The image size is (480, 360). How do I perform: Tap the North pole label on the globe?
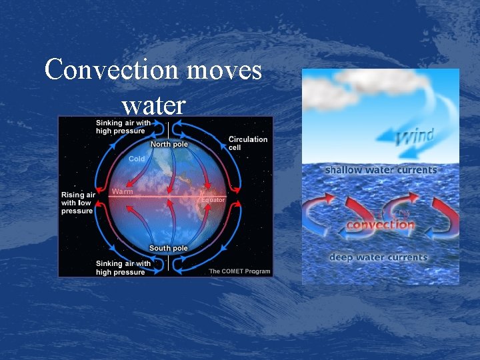pos(169,144)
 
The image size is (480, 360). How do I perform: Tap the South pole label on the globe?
pos(168,248)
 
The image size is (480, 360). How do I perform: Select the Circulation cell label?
pos(248,143)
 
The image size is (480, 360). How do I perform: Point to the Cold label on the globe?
pos(137,159)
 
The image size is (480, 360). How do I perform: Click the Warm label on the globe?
pos(122,191)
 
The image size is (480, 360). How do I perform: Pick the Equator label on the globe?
pos(213,199)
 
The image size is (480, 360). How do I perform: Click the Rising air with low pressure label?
pos(77,203)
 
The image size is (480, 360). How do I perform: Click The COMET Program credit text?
pos(239,271)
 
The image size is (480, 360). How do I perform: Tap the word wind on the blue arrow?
pos(415,137)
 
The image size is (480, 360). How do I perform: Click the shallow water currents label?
pos(381,170)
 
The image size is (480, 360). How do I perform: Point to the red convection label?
pos(380,225)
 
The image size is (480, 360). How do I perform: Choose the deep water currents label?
pos(379,257)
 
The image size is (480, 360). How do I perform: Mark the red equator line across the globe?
pos(167,197)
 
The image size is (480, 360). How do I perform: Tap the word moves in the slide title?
pos(221,69)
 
